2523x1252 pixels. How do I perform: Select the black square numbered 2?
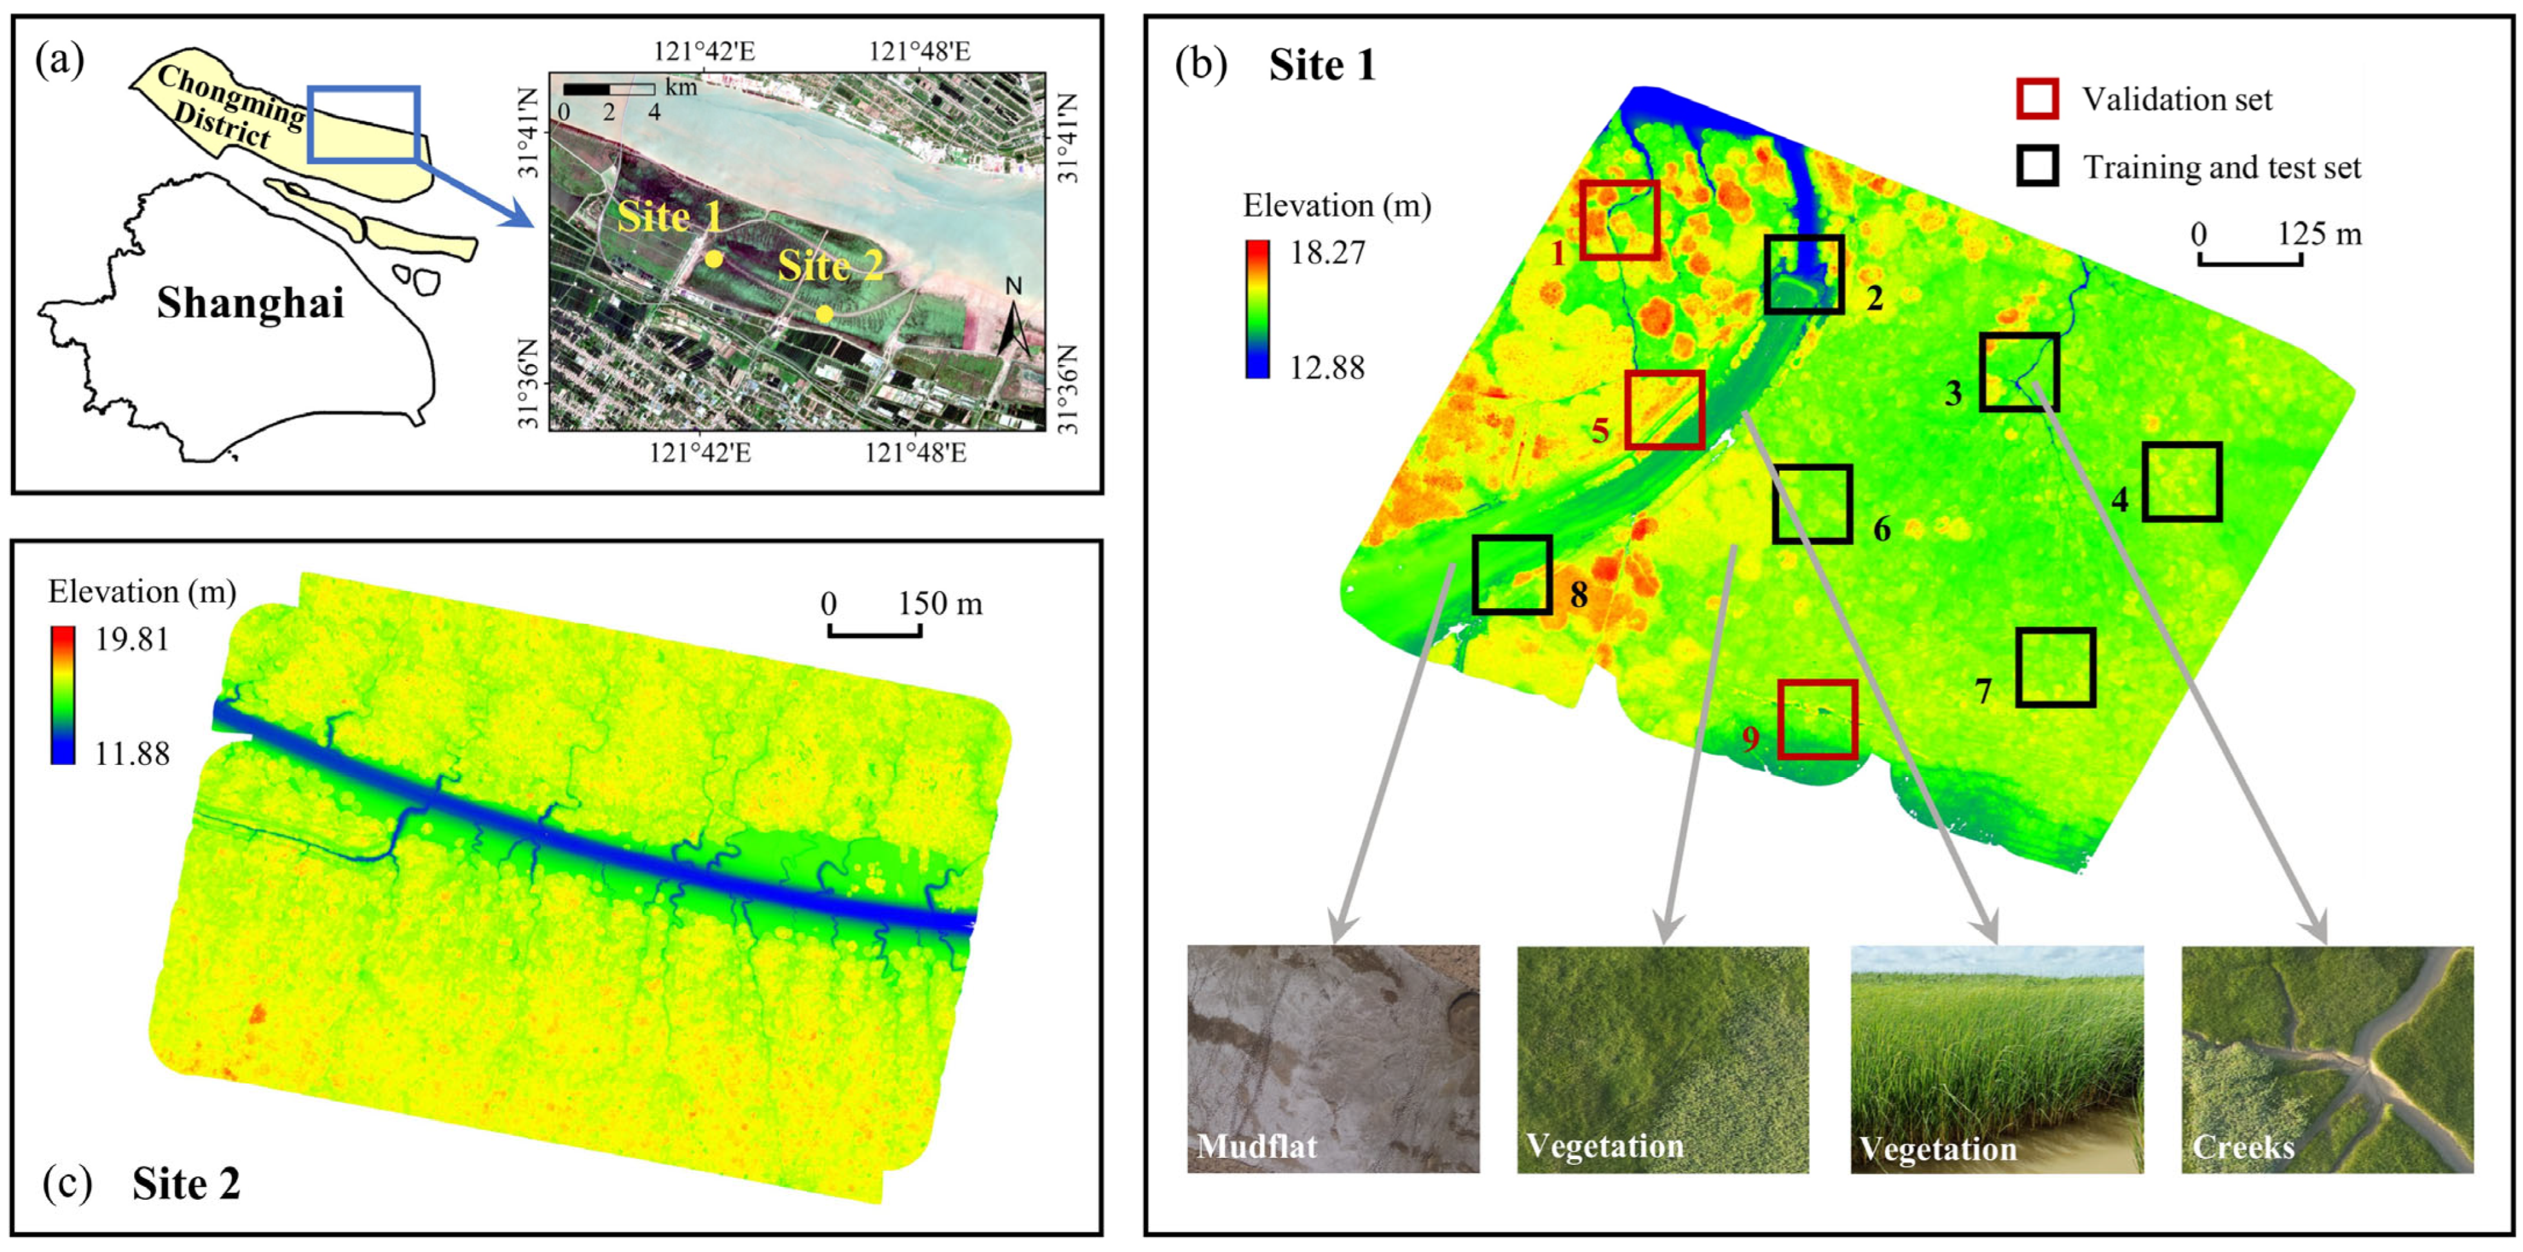pyautogui.click(x=1804, y=274)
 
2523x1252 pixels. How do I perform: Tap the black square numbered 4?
pyautogui.click(x=2181, y=481)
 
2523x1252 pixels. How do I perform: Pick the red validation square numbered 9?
pyautogui.click(x=1817, y=719)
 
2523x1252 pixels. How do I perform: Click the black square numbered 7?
pyautogui.click(x=2055, y=667)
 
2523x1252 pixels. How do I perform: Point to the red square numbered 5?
pyautogui.click(x=1664, y=410)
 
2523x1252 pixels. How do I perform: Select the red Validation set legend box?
pyautogui.click(x=2037, y=99)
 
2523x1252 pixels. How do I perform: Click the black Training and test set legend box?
pyautogui.click(x=2037, y=166)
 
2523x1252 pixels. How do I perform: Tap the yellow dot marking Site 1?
pyautogui.click(x=714, y=259)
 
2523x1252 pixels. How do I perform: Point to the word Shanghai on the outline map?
pyautogui.click(x=251, y=304)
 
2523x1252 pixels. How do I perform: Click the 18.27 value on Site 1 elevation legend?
pyautogui.click(x=1327, y=253)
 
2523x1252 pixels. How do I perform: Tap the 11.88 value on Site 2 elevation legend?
pyautogui.click(x=132, y=753)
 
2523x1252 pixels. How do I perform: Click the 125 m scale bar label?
pyautogui.click(x=2319, y=234)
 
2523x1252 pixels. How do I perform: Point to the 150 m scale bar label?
pyautogui.click(x=940, y=604)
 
